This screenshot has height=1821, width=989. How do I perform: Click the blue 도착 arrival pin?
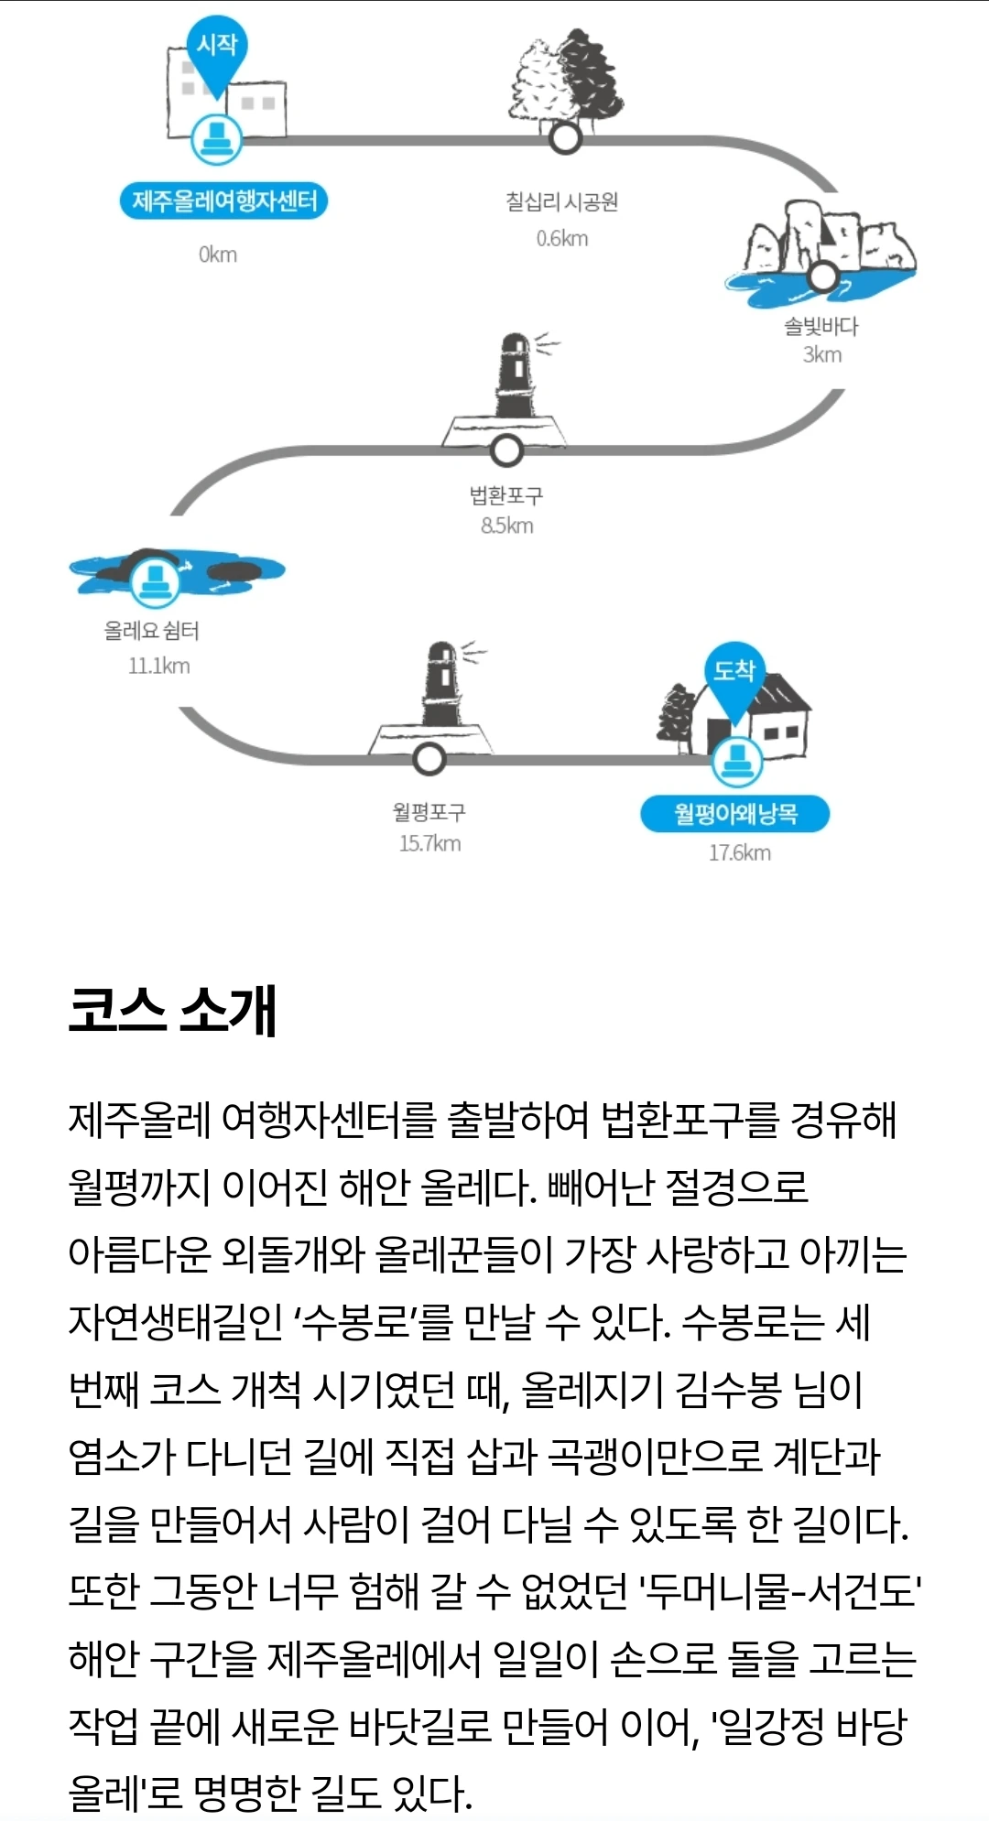pos(734,672)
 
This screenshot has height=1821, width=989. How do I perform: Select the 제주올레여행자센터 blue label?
pos(224,201)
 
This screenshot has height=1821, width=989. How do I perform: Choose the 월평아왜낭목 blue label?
pos(735,814)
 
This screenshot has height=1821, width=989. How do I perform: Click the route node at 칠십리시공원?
pos(566,138)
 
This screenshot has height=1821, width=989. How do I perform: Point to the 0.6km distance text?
pos(562,239)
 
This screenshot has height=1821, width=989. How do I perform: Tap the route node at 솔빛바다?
pos(822,275)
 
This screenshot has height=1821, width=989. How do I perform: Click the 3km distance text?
pos(822,355)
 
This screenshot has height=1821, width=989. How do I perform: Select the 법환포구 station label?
pos(506,495)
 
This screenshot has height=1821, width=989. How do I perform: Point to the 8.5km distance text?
pos(507,526)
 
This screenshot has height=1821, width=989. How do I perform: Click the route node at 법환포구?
pos(506,450)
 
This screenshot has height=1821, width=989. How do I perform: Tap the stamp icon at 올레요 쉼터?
pos(156,580)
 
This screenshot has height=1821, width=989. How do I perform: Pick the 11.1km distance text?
pos(159,666)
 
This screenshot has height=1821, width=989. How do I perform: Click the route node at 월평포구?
pos(429,758)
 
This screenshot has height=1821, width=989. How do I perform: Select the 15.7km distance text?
pos(430,843)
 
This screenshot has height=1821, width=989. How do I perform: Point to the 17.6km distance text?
pos(740,853)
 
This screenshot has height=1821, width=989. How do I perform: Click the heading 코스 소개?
pos(172,1011)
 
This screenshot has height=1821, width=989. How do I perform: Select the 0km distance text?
pos(218,255)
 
